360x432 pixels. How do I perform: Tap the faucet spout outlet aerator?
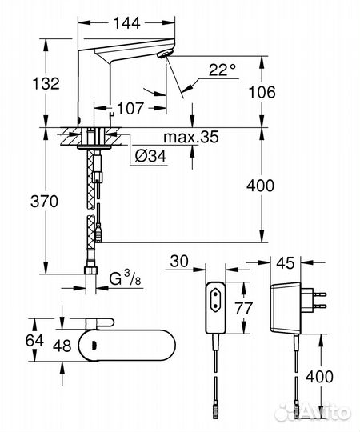(166, 54)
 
